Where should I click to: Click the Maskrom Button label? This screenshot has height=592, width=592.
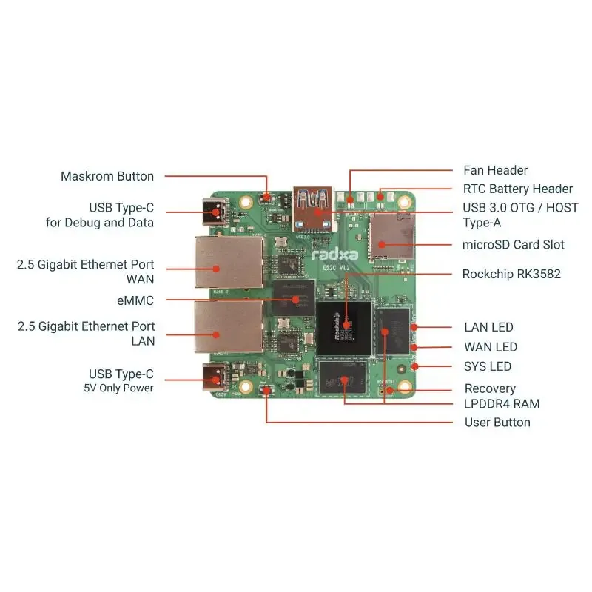point(107,176)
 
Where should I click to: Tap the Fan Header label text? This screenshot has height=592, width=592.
point(495,170)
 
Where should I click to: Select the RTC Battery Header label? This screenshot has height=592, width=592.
point(518,189)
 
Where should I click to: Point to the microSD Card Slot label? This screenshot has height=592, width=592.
point(514,244)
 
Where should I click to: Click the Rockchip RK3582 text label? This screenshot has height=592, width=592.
point(511,274)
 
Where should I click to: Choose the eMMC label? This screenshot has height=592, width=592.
point(136,300)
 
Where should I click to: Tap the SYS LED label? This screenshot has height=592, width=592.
point(488,366)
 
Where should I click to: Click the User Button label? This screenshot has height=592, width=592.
point(497,423)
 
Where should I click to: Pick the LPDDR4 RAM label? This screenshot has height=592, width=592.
point(502,404)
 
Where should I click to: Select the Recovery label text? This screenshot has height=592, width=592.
point(490,388)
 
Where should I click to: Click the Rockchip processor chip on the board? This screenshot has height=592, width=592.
point(344,326)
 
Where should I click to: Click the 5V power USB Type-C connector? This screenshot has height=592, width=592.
point(216,378)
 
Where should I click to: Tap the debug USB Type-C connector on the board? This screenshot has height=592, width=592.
point(216,212)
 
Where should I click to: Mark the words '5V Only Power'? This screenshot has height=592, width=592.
point(119,388)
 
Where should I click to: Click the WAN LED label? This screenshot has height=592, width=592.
point(491,346)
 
